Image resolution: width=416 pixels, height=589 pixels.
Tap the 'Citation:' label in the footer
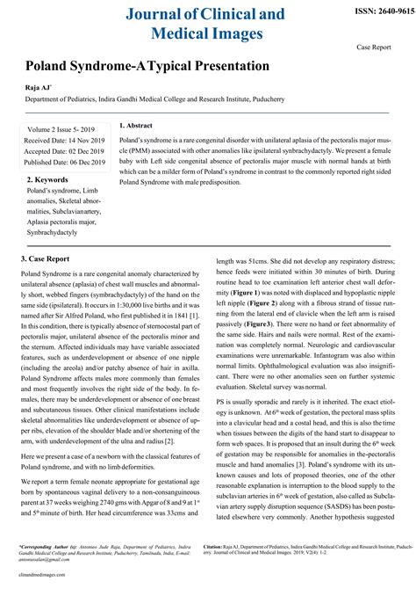232,545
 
